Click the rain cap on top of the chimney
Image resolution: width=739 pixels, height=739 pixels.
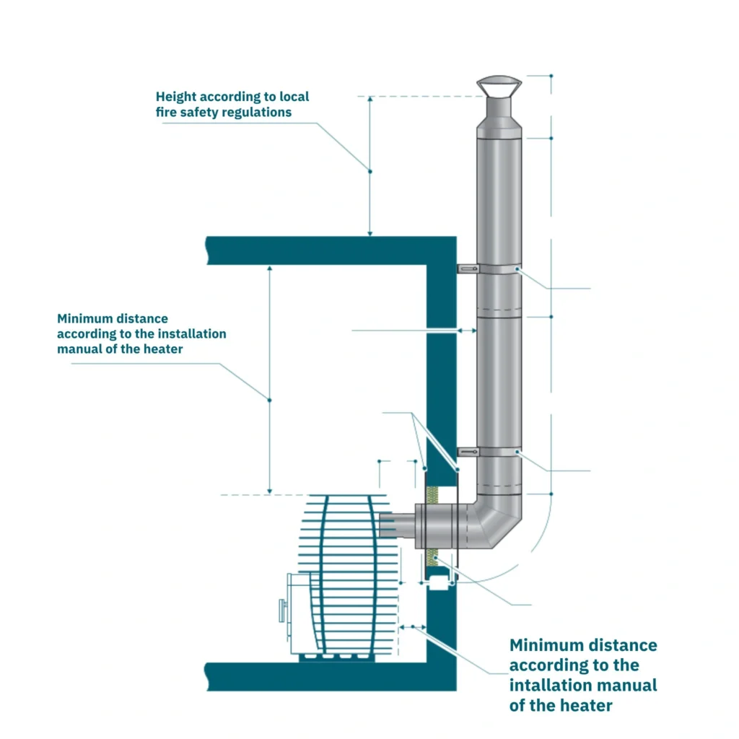tap(498, 86)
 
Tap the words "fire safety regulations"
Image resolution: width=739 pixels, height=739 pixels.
tap(224, 113)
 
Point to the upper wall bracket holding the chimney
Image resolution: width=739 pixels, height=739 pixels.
tap(468, 269)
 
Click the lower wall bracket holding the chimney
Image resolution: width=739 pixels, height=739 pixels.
tap(468, 452)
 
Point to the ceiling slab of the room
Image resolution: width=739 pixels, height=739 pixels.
tap(318, 250)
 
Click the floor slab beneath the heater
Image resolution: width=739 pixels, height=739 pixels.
tap(318, 677)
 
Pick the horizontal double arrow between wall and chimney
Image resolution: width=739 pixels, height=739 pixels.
tap(466, 331)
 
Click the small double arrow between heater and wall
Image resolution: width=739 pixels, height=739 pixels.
tap(413, 627)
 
